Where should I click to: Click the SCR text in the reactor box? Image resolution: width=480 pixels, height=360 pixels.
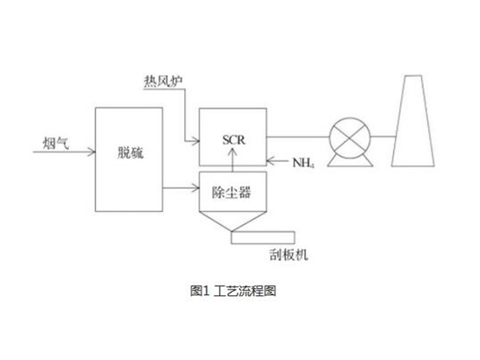[233, 140]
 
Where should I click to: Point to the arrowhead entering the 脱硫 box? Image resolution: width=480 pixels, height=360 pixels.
[91, 150]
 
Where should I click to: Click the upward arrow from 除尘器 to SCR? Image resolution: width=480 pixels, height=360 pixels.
[233, 164]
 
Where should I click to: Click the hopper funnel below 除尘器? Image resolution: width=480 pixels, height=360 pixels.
[233, 219]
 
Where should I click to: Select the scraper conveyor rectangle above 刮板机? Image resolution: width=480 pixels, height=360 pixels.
[262, 237]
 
